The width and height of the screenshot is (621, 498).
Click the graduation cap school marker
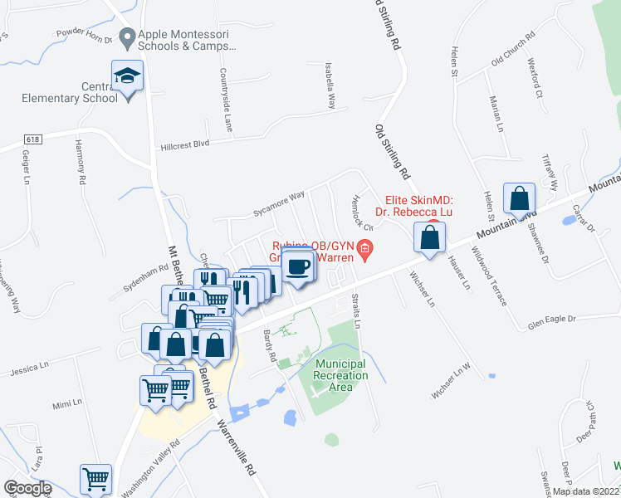pos(128,76)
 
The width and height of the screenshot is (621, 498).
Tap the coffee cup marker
pos(298,267)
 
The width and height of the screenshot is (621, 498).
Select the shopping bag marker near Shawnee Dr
pos(519,199)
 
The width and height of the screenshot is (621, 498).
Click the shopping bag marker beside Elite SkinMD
pos(430,237)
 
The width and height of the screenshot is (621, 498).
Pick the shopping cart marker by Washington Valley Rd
pos(96,478)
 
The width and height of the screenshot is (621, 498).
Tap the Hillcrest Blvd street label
pos(184,144)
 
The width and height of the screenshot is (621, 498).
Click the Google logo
pos(27,488)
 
